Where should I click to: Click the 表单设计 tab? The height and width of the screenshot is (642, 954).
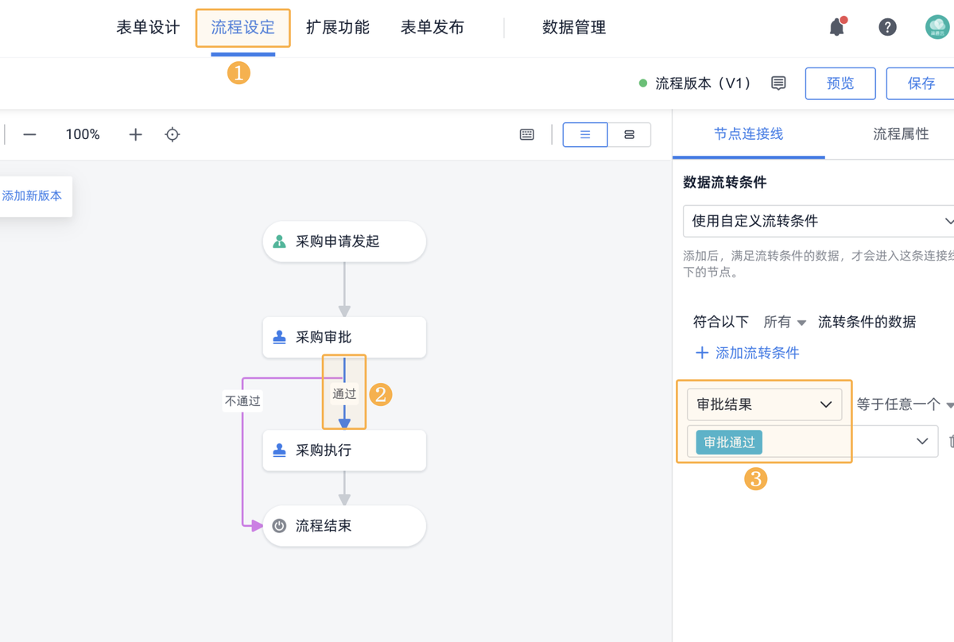click(148, 28)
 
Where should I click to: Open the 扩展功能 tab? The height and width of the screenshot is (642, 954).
click(338, 28)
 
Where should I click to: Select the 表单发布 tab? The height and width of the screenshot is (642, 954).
click(432, 28)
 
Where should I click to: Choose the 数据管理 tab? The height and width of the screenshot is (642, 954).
click(574, 28)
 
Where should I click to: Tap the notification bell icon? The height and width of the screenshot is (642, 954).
click(836, 28)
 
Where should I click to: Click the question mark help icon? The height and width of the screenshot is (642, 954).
click(887, 28)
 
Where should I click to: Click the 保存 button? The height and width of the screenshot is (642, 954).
click(921, 83)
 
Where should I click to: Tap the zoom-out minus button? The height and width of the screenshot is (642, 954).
click(29, 135)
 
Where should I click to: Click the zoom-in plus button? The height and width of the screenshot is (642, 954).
click(135, 135)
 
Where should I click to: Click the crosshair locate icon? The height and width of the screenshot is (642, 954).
click(173, 135)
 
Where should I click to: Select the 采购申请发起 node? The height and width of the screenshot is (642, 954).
click(344, 242)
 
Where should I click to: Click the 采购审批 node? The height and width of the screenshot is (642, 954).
click(344, 338)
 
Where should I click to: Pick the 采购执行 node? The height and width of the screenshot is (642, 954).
click(344, 451)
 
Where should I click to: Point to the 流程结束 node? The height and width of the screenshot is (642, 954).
click(344, 526)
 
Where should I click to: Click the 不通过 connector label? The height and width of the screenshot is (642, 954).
click(242, 401)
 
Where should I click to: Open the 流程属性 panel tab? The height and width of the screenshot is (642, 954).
click(901, 134)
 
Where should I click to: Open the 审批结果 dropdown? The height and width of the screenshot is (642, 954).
click(764, 404)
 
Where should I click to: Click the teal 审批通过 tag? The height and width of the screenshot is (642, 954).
click(729, 443)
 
